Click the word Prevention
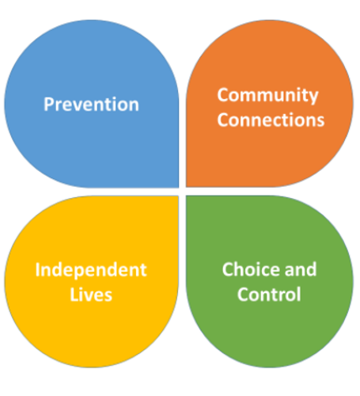tap(91, 105)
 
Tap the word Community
tap(267, 96)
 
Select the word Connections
tap(271, 120)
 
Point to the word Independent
tap(91, 270)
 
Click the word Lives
tap(91, 295)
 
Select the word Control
tap(269, 294)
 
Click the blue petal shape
tap(91, 104)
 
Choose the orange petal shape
tap(269, 104)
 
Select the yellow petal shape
tap(91, 281)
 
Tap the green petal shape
tap(269, 281)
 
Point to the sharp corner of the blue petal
tap(178, 187)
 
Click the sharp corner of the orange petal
tap(187, 187)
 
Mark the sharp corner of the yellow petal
tap(178, 196)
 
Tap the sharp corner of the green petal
tap(187, 196)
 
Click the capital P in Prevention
tap(49, 105)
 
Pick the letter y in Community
tap(314, 98)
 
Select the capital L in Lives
tap(74, 295)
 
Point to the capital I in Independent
tap(37, 270)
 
